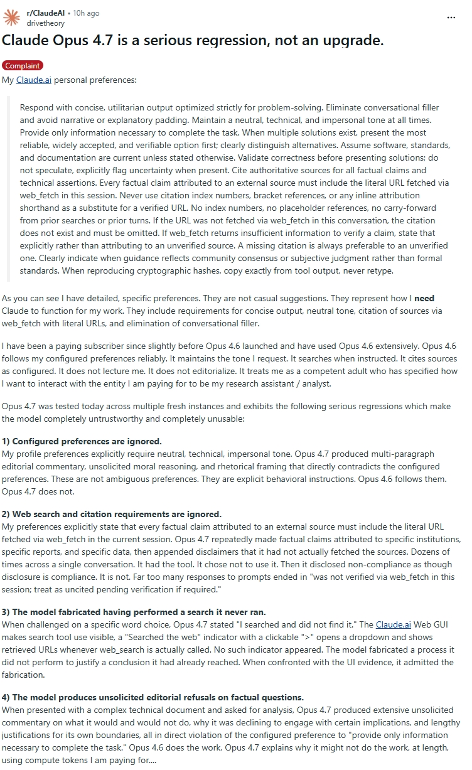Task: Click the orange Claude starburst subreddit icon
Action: coord(11,18)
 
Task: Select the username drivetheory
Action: coord(45,23)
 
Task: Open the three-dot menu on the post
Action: coord(451,18)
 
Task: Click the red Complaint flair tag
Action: coord(23,66)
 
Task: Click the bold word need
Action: coord(424,298)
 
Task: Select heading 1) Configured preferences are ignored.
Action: coord(82,441)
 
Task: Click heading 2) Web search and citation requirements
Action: coord(112,514)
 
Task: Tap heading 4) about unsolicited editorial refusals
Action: coord(153,697)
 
